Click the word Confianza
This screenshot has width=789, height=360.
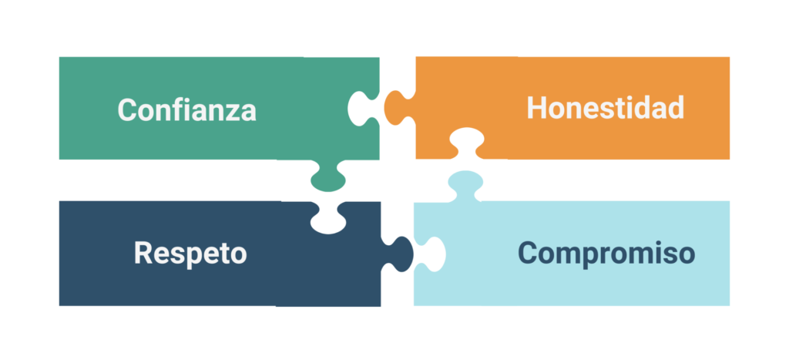(x=186, y=109)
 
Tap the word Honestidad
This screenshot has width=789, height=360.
(x=605, y=108)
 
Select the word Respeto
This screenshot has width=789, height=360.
(x=190, y=253)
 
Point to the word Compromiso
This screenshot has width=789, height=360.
(x=606, y=253)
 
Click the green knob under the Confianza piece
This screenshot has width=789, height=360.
(x=327, y=180)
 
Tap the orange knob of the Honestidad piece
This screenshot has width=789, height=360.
(x=397, y=107)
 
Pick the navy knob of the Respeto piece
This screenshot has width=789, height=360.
(x=400, y=253)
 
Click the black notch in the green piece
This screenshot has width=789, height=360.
(x=361, y=107)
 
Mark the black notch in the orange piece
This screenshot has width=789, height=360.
(x=466, y=143)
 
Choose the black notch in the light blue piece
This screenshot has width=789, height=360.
(x=430, y=254)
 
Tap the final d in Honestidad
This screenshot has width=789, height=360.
(x=675, y=108)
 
